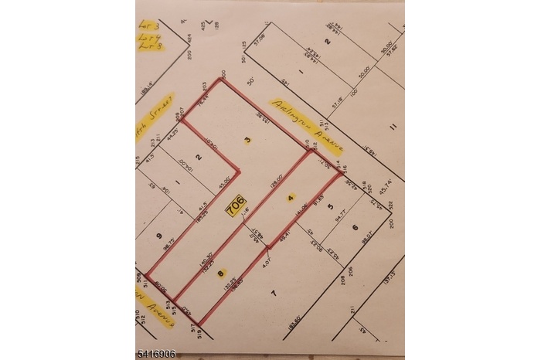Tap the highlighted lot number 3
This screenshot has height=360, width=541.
247,141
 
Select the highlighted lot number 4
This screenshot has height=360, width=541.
291,197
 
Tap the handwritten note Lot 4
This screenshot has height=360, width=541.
148,36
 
